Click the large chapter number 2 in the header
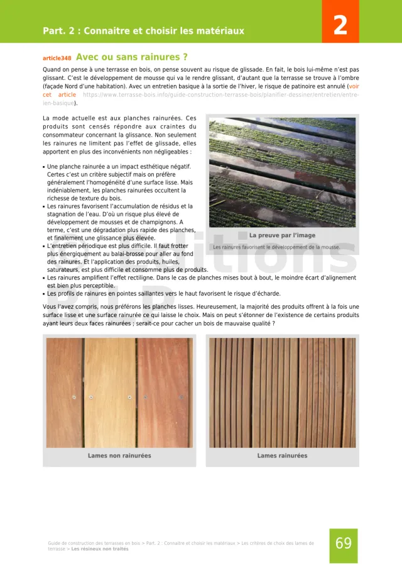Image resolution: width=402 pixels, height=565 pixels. point(340,25)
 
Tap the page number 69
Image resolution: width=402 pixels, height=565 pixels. point(343,544)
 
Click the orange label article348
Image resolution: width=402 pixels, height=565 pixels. point(57,57)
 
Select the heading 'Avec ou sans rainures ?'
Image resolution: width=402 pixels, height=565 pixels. point(131,57)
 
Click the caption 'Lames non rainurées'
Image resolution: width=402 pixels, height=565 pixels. point(119,456)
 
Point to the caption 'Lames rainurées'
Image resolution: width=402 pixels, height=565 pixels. point(282,456)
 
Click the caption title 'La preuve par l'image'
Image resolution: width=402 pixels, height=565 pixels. point(282,235)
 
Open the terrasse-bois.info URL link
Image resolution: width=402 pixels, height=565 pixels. point(220,94)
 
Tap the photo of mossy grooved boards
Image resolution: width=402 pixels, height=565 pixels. point(282,172)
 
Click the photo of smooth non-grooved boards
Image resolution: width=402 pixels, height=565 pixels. point(119,393)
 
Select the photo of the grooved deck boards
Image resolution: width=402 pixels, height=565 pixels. point(282,393)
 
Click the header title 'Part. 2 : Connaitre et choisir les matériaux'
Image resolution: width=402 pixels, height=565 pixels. point(143,31)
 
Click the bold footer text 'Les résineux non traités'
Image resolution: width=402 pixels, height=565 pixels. point(100,549)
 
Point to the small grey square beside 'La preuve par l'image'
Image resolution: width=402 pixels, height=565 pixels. point(242,235)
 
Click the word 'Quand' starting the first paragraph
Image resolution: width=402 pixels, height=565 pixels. point(52,70)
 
